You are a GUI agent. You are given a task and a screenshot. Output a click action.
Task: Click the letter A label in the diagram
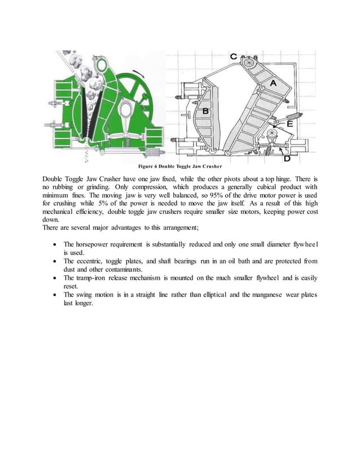[x=274, y=82]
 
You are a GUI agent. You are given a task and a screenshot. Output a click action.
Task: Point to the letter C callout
[x=233, y=57]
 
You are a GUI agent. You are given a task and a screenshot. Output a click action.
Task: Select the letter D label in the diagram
[x=287, y=159]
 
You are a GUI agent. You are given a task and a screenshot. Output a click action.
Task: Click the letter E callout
[x=289, y=124]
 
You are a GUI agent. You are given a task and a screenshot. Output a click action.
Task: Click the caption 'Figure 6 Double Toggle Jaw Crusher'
[x=180, y=167]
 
